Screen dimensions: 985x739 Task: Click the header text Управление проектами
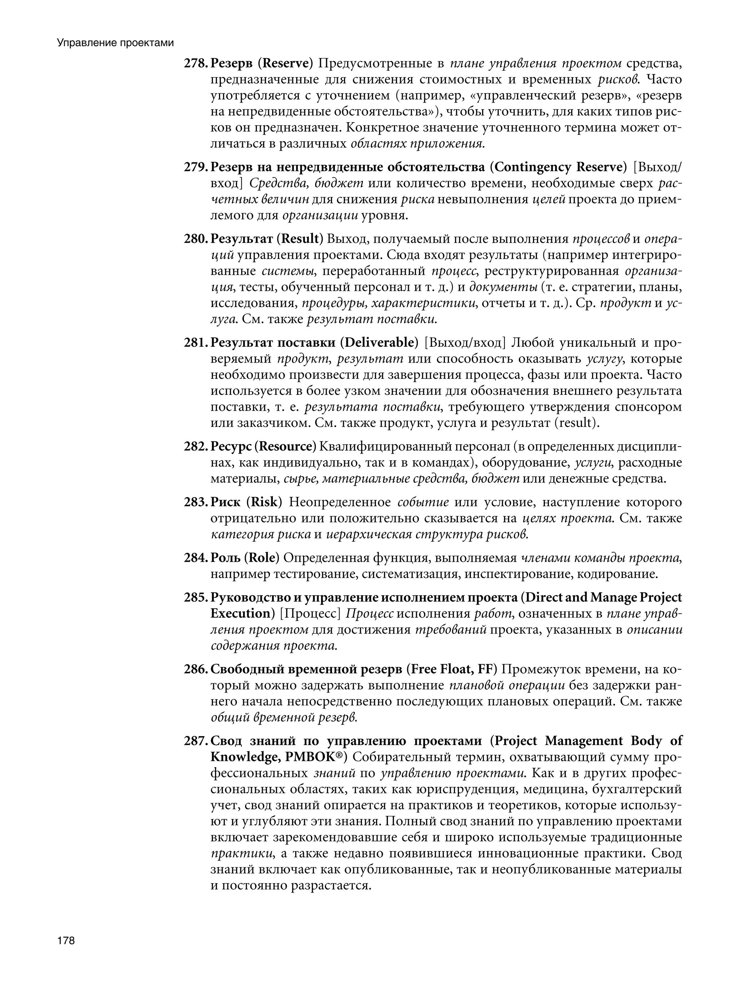point(115,43)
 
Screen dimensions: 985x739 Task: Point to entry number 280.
point(195,239)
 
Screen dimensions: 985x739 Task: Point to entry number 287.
point(195,741)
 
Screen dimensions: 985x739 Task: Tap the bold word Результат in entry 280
point(241,239)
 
